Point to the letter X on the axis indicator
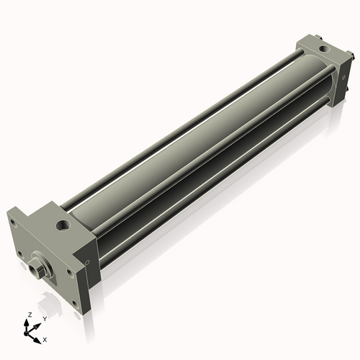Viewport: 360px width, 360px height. pos(45,338)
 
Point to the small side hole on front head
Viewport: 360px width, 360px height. pos(87,262)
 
